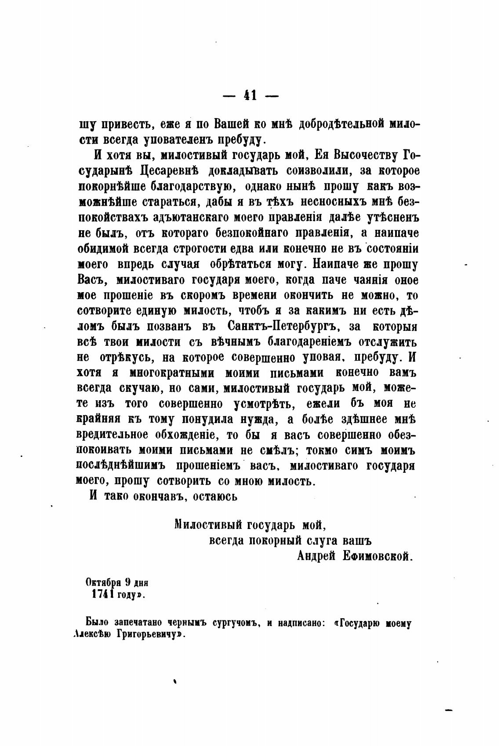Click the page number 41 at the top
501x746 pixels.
coord(250,95)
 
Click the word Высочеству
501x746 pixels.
coord(365,155)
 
